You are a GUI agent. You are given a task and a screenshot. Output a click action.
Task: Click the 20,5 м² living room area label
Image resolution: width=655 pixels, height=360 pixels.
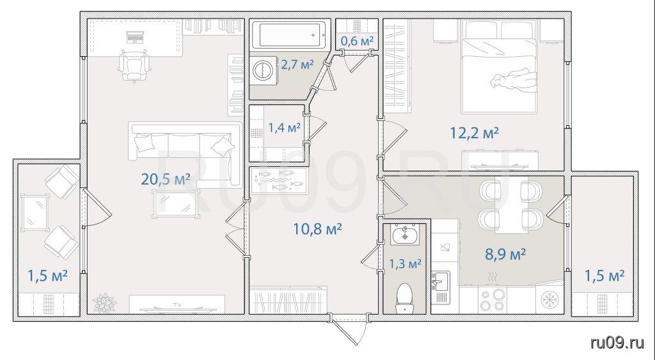166,179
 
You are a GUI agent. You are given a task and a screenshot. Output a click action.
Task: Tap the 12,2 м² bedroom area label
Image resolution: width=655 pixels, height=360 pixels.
474,133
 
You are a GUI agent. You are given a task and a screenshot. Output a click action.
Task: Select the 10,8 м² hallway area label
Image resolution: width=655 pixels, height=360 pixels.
318,228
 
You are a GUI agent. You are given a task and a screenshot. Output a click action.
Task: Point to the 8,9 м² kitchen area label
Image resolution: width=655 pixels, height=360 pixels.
505,253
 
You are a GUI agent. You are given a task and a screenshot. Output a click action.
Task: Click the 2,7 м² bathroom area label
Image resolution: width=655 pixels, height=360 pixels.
297,65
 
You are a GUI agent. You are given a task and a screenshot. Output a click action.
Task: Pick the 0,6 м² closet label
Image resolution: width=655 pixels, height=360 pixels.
357,41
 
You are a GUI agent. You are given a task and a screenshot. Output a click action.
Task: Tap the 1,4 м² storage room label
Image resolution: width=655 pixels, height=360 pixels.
284,127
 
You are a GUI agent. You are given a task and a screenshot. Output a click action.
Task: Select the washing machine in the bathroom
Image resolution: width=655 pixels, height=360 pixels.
264,70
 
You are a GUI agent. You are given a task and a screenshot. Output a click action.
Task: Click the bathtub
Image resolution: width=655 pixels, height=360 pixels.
290,36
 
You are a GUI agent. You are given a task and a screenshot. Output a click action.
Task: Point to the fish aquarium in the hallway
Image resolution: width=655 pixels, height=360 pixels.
279,180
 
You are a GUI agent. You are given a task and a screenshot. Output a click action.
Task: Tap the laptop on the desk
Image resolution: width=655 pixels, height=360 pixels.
135,38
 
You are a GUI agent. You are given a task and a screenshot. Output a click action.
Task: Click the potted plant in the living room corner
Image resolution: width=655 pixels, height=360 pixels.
104,303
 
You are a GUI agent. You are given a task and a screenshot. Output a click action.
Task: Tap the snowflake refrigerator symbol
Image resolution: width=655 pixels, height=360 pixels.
549,299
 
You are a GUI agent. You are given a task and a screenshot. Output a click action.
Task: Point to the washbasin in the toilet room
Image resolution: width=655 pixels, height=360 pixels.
405,234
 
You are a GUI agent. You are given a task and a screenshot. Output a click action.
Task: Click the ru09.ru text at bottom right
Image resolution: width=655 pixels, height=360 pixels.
617,343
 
